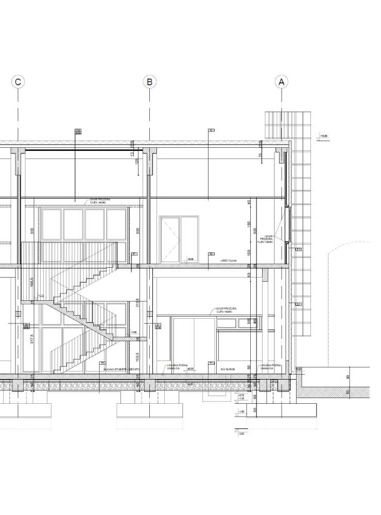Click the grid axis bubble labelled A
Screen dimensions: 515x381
[x=281, y=81]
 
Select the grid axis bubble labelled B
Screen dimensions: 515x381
[x=149, y=81]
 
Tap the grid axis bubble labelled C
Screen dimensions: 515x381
[x=18, y=81]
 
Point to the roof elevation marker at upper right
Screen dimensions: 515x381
[x=324, y=136]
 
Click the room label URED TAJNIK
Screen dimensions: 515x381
[x=229, y=262]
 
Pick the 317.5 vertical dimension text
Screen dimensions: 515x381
[x=32, y=345]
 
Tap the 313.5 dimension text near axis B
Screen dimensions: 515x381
[x=137, y=304]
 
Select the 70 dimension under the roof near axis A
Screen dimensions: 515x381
[x=261, y=155]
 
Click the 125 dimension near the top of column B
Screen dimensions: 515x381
[x=137, y=161]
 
